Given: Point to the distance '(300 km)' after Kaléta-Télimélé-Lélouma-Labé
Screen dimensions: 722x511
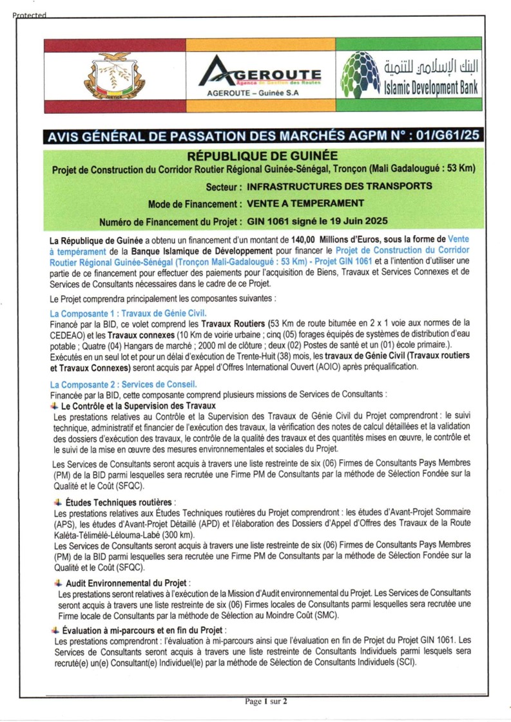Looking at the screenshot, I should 177,535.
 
